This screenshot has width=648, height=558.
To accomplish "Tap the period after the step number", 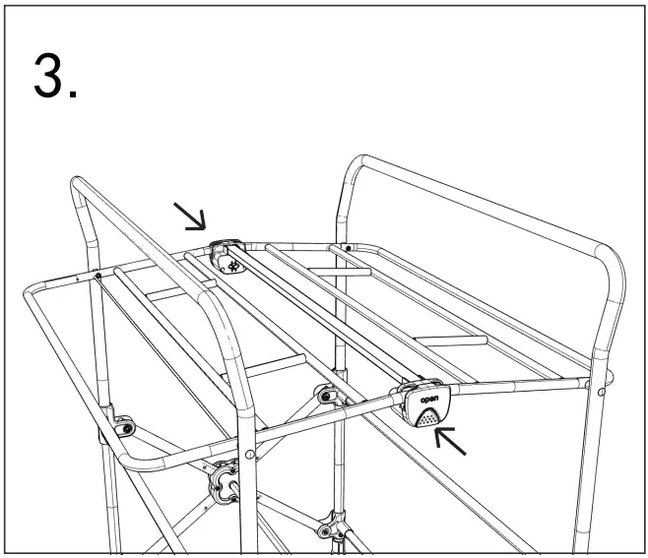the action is click(73, 94).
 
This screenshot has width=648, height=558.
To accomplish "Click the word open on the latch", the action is click(429, 400).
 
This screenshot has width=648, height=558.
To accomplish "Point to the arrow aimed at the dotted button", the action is click(450, 442).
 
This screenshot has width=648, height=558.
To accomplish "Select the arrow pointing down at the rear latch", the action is click(190, 216).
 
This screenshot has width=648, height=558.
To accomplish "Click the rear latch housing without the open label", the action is click(227, 257).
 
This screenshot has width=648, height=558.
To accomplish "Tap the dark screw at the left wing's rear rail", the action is click(97, 276).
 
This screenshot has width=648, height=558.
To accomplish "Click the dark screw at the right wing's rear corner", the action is click(349, 248).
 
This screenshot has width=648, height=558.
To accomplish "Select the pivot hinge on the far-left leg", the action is click(124, 427).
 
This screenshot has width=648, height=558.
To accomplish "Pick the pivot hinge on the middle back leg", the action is click(326, 395).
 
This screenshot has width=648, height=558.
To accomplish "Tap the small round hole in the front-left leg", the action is click(249, 455).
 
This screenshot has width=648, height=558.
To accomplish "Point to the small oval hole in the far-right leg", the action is click(602, 392).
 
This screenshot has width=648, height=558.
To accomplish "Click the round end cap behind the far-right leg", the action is click(610, 376).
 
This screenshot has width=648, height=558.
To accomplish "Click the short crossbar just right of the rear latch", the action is click(340, 272).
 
